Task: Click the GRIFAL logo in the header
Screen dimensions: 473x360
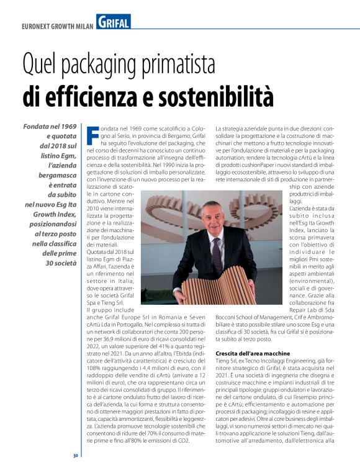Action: click(114, 23)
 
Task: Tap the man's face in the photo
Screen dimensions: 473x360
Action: click(214, 219)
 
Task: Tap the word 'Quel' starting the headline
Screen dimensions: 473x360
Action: click(40, 65)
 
